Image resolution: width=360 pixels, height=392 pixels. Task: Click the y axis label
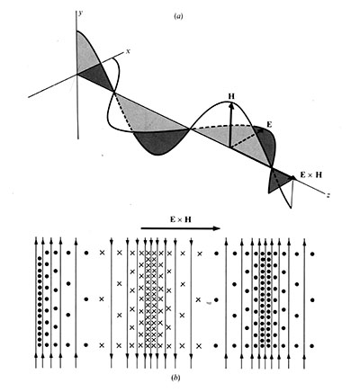pos(79,13)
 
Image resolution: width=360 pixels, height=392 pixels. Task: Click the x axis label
pos(128,51)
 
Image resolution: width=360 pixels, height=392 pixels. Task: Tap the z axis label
pos(328,194)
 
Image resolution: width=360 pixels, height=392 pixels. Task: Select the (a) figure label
pos(178,16)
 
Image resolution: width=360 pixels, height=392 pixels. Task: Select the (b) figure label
pos(176,378)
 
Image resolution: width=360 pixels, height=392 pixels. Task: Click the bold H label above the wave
pos(231,96)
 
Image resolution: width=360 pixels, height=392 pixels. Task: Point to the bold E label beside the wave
pos(269,125)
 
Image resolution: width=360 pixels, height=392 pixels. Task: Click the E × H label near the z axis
pos(310,174)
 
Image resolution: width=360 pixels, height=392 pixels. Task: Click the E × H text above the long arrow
pos(180,219)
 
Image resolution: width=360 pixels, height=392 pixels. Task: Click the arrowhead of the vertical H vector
pos(231,104)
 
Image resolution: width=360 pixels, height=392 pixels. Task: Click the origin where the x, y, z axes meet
pos(77,74)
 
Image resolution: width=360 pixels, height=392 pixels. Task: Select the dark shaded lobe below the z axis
pos(160,142)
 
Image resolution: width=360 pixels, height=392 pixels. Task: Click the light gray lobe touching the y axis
pos(88,52)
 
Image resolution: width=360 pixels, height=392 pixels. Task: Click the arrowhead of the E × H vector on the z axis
pos(292,178)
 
